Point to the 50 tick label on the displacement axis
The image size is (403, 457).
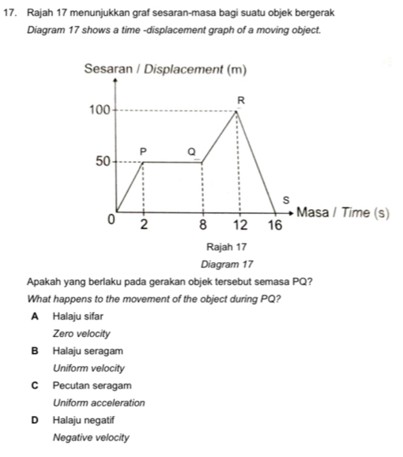[102, 162]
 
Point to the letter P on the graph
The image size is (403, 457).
[143, 150]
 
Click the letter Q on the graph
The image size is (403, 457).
[190, 150]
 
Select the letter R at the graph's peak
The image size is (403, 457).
[242, 99]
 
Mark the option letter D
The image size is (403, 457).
[36, 420]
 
